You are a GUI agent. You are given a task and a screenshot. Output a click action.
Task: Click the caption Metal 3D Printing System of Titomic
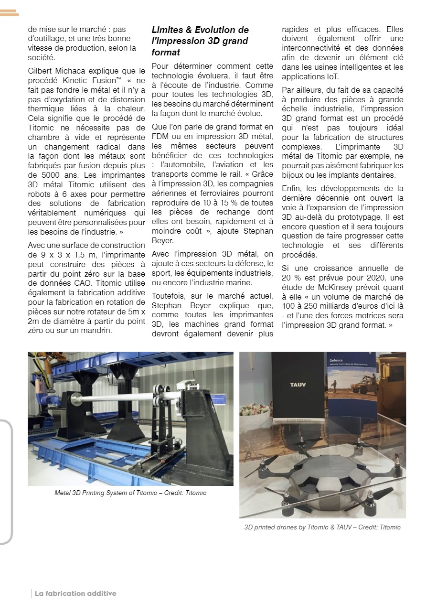pos(130,493)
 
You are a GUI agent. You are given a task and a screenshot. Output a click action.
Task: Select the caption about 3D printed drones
pos(322,527)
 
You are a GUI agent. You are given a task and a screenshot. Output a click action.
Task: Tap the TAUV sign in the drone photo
pos(298,384)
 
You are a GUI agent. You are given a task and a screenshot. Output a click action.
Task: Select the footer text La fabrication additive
pos(75,593)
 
